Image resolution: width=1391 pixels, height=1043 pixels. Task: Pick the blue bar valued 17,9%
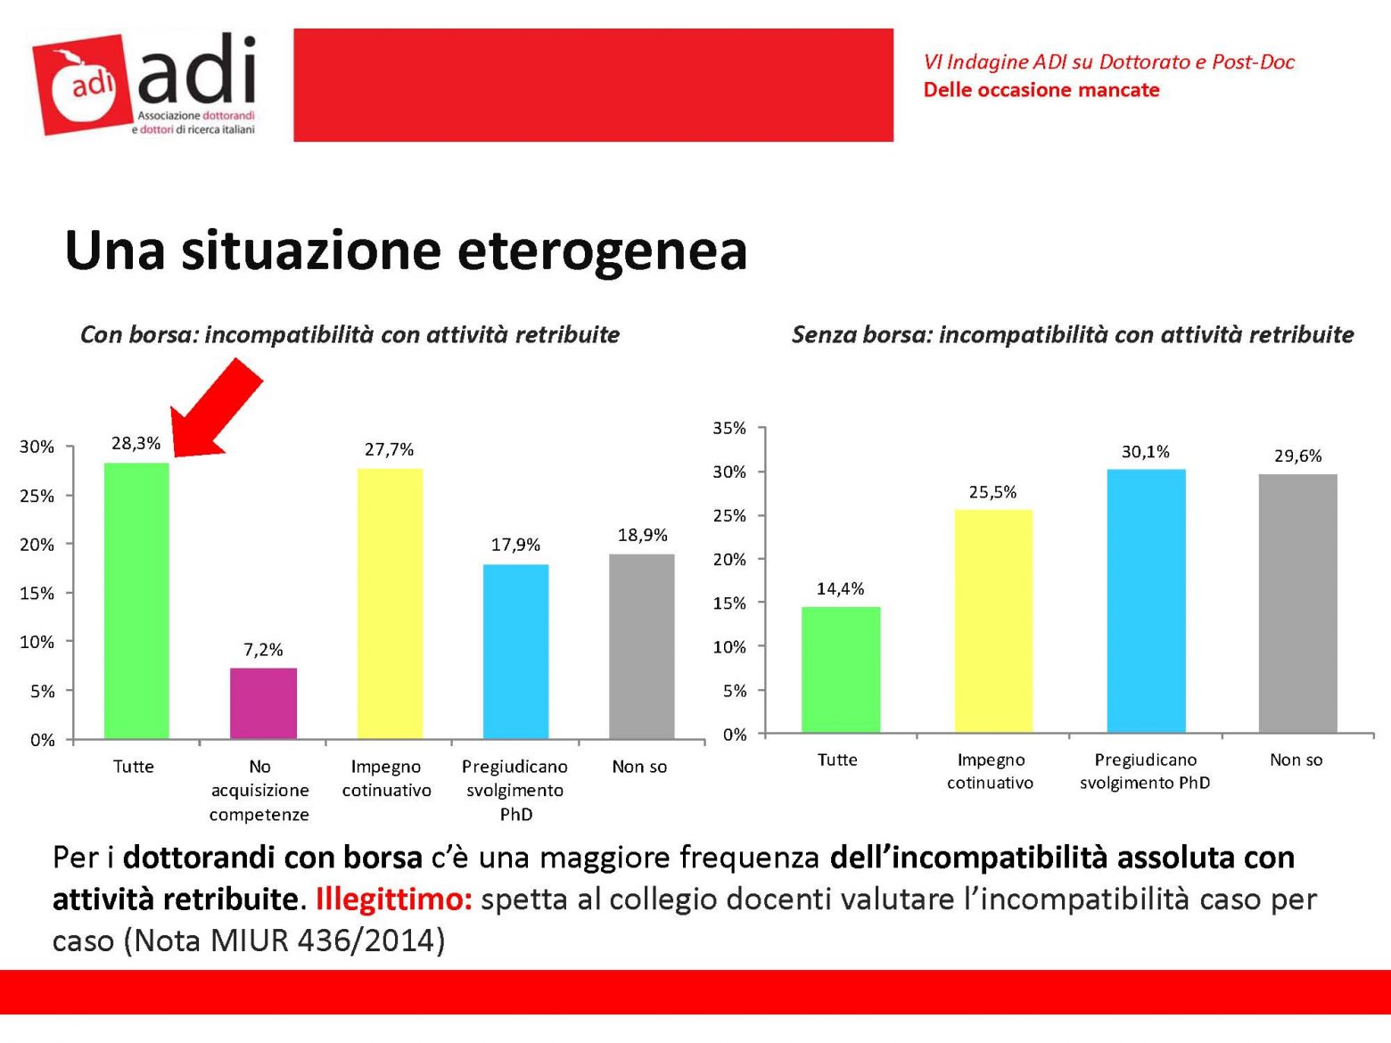click(x=515, y=651)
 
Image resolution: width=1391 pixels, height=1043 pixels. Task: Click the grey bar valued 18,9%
click(x=641, y=645)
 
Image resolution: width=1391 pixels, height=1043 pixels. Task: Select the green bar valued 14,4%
click(x=840, y=669)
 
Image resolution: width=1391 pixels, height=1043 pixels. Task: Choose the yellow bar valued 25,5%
click(x=992, y=620)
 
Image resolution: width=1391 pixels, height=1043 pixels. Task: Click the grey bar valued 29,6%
click(x=1297, y=603)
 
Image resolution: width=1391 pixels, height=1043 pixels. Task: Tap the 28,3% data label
click(x=136, y=443)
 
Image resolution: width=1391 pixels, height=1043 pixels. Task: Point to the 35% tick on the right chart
click(x=729, y=428)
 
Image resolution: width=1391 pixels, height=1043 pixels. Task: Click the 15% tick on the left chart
click(x=37, y=593)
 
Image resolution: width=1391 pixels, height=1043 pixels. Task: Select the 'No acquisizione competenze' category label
click(x=259, y=790)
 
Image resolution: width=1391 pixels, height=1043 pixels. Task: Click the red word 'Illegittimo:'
click(x=393, y=899)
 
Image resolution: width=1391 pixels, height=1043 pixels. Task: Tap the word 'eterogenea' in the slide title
click(x=602, y=250)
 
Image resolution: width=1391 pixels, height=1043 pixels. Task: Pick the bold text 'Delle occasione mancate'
click(x=1041, y=90)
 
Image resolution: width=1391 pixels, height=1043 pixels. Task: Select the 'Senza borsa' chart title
click(x=1072, y=334)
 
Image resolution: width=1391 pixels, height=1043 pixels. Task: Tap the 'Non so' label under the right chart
click(x=1296, y=760)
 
